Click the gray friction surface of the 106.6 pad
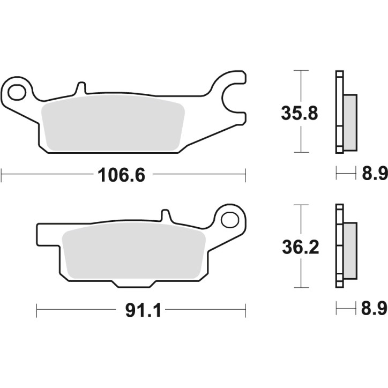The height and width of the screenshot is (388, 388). (x=113, y=126)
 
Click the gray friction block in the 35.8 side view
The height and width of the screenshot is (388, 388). (x=349, y=122)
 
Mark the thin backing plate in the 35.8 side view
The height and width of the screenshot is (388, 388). (x=339, y=112)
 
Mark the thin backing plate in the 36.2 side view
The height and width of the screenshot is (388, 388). (x=339, y=247)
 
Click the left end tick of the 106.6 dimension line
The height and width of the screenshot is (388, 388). (x=2, y=175)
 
